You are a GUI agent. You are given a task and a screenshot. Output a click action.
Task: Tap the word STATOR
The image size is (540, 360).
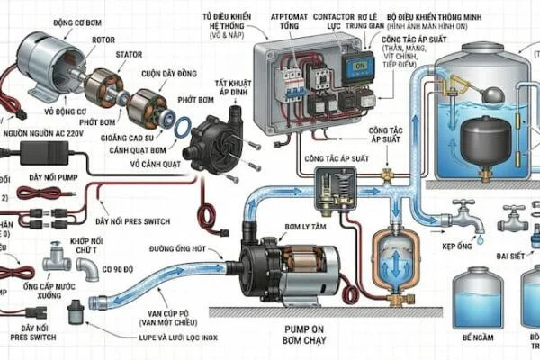pyautogui.click(x=128, y=54)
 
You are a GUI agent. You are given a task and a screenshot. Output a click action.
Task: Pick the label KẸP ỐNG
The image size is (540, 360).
pyautogui.click(x=459, y=244)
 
